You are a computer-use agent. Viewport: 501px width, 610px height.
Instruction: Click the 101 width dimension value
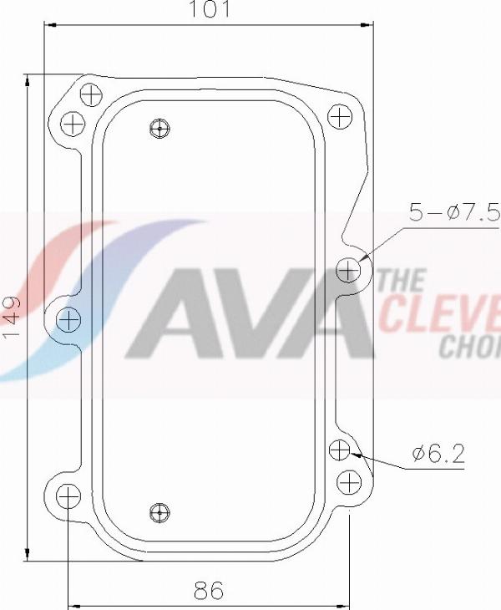tap(208, 10)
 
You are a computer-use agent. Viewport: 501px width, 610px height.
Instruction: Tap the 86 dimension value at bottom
tap(208, 591)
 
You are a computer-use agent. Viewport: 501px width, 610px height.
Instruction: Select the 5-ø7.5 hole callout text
tap(453, 212)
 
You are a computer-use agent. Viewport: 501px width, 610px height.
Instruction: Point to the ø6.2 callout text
tap(438, 455)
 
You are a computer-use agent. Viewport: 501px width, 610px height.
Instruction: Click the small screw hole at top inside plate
tap(160, 128)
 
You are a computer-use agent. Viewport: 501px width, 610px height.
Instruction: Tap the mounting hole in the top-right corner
tap(339, 116)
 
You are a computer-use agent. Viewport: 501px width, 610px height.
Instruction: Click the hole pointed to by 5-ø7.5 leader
tap(349, 270)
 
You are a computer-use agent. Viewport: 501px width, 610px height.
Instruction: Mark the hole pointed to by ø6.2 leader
tap(339, 450)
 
